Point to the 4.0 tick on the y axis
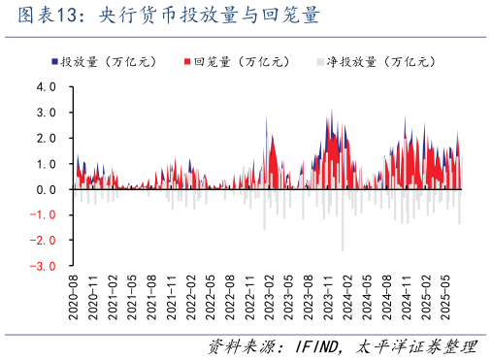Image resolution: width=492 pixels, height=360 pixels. click(47, 87)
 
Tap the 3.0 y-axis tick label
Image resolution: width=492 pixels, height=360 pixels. click(47, 113)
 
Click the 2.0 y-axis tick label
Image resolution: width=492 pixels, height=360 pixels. click(47, 139)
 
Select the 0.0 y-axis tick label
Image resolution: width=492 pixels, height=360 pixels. click(47, 189)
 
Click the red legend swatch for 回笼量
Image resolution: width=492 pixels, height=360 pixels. click(186, 61)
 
